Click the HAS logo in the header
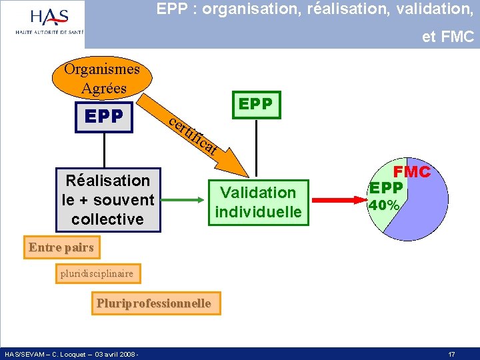(x=49, y=23)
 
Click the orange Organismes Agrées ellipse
(x=101, y=79)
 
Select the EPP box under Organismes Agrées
(x=104, y=117)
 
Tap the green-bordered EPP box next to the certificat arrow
(x=255, y=104)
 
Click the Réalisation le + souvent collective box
(x=108, y=199)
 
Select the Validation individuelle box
(x=258, y=202)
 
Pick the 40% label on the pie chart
(x=384, y=206)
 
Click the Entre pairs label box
(x=61, y=248)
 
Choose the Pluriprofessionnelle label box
(x=153, y=303)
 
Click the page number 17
(x=451, y=354)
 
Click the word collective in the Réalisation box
(x=107, y=219)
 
